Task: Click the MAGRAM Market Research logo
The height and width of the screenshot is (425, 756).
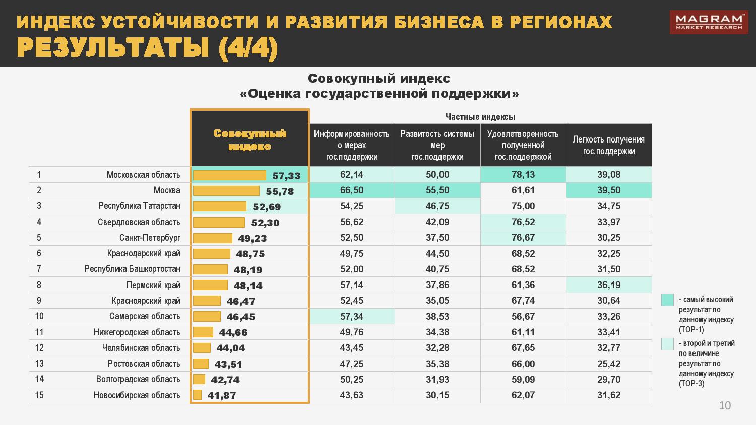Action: pyautogui.click(x=708, y=22)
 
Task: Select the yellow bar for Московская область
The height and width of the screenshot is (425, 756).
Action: pyautogui.click(x=229, y=175)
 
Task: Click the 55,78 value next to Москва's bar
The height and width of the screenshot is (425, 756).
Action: pyautogui.click(x=280, y=191)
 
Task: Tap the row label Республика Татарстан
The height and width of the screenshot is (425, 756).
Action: pyautogui.click(x=139, y=206)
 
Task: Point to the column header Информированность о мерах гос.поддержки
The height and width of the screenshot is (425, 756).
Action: pyautogui.click(x=352, y=145)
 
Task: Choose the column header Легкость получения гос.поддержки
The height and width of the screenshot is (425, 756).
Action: pyautogui.click(x=609, y=145)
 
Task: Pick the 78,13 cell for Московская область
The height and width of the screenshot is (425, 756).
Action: pyautogui.click(x=523, y=175)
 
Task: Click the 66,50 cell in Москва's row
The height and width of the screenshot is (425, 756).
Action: pyautogui.click(x=352, y=190)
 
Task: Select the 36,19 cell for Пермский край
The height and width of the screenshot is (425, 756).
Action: pyautogui.click(x=609, y=285)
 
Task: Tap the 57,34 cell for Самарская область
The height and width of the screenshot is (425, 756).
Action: pyautogui.click(x=352, y=316)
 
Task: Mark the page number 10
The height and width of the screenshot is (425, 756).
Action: pyautogui.click(x=725, y=406)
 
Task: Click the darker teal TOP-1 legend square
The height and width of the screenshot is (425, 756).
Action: pyautogui.click(x=667, y=300)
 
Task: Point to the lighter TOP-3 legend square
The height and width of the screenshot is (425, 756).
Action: pyautogui.click(x=667, y=344)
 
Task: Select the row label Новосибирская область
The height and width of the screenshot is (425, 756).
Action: pyautogui.click(x=137, y=395)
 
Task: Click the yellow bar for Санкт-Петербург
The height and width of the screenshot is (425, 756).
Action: pyautogui.click(x=212, y=238)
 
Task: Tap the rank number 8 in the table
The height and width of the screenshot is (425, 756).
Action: pyautogui.click(x=39, y=285)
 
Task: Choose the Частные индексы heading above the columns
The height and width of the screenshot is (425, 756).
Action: pyautogui.click(x=480, y=117)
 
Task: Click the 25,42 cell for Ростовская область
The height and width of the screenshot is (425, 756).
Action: pyautogui.click(x=609, y=364)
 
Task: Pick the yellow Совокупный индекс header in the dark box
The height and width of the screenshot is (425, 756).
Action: pyautogui.click(x=249, y=139)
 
